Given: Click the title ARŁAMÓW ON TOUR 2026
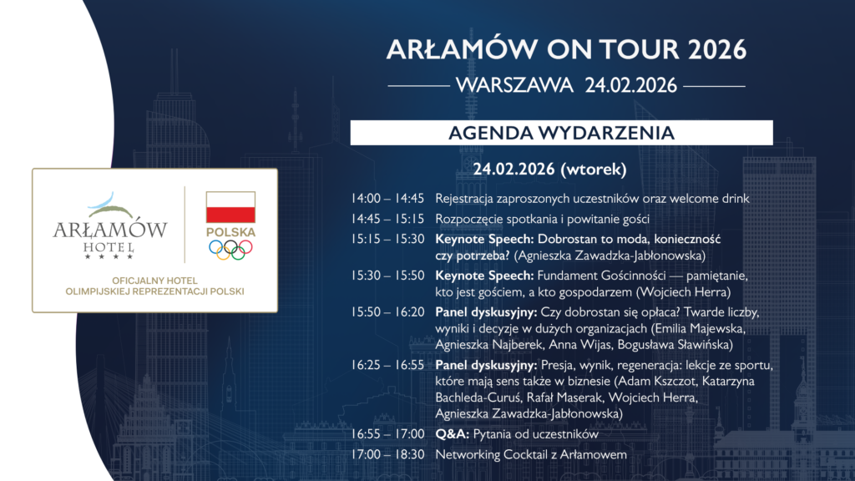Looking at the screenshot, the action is [x=566, y=49].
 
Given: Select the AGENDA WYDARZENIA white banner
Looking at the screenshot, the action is [x=562, y=133].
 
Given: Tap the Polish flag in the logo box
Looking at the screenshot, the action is [x=230, y=207].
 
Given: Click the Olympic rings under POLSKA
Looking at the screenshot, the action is [x=230, y=250].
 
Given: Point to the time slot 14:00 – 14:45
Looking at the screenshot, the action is [x=387, y=199].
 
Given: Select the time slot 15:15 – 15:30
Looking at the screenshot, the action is [x=387, y=239].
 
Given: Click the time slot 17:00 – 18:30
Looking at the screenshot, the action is [x=387, y=454].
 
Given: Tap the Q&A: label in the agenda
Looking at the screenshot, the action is [x=452, y=434].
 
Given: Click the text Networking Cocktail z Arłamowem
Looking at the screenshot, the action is [x=531, y=454].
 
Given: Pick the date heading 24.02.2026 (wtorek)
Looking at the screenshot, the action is [x=549, y=169].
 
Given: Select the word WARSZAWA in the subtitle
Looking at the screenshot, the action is [x=514, y=86].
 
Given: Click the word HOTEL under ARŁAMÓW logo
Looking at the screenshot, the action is [x=109, y=247].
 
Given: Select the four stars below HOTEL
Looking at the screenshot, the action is [x=109, y=256].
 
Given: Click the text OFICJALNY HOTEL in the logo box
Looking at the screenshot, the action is [x=154, y=281].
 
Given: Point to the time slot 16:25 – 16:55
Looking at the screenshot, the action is [x=387, y=365].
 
